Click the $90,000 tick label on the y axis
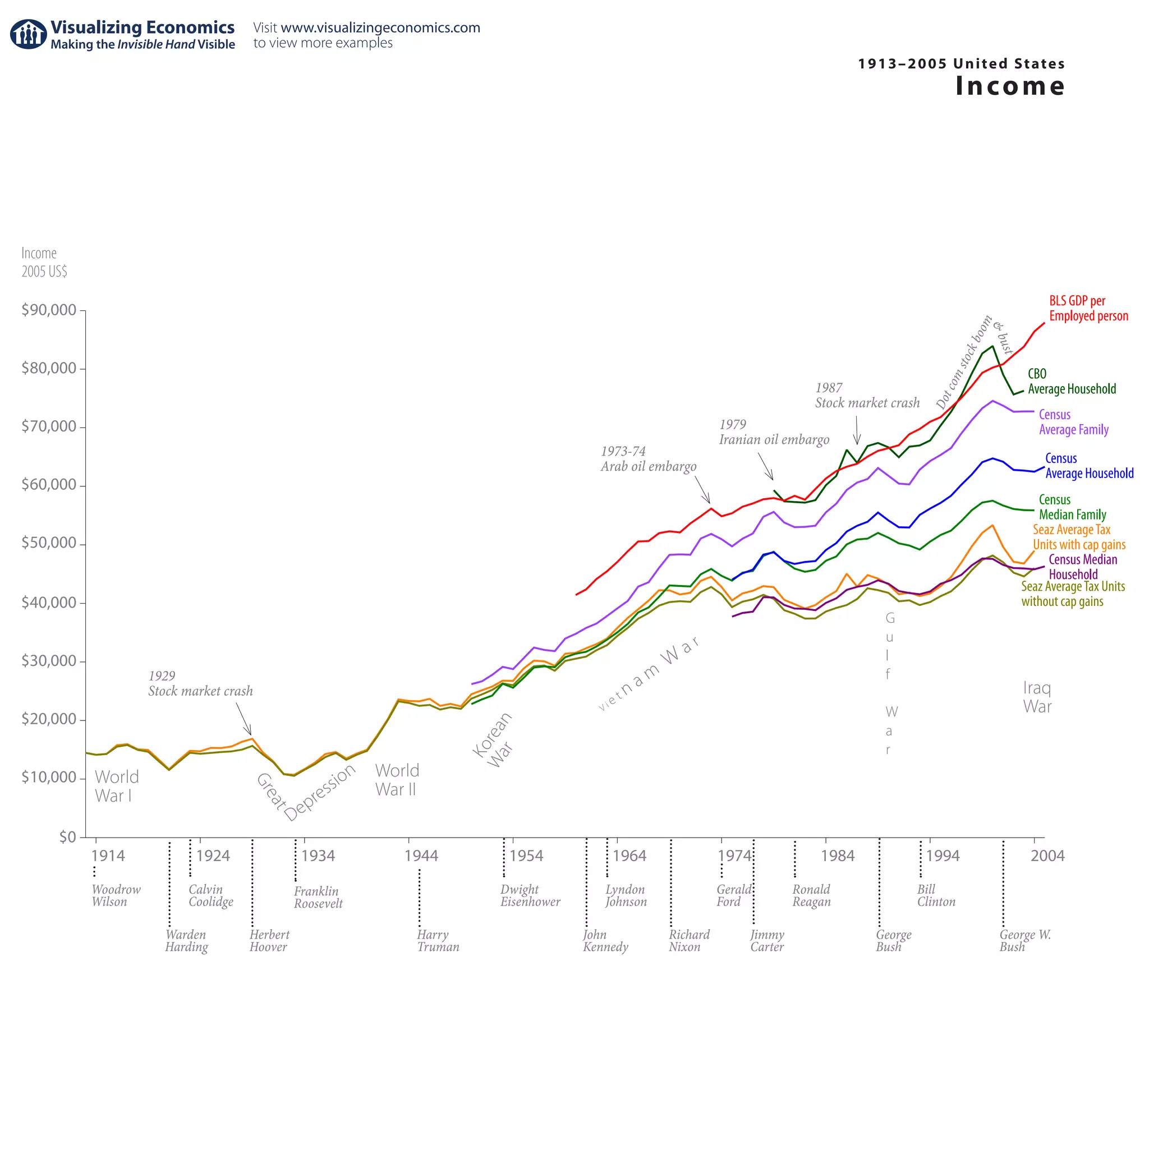49,310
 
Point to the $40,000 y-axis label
49,603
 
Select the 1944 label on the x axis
421,856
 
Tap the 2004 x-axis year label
1047,856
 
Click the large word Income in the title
1010,86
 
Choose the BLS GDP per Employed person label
1088,308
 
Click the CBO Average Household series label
1071,381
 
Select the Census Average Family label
1073,422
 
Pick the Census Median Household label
1082,567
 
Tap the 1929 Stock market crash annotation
200,683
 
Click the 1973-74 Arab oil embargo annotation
647,459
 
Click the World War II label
397,780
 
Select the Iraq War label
1037,697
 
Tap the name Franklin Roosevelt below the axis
318,898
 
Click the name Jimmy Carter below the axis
766,941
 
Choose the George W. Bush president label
1024,941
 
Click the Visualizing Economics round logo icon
28,34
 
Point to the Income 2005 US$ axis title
44,262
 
